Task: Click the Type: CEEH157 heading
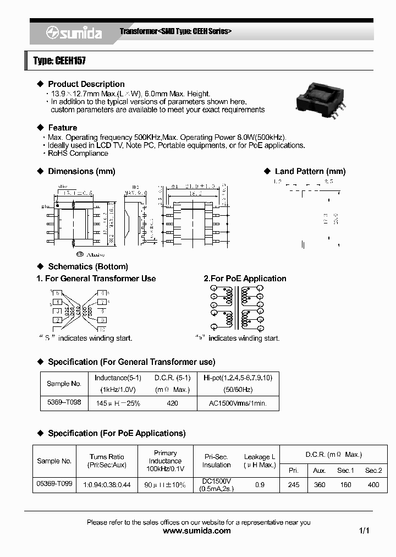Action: (x=59, y=61)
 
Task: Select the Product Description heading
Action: (x=86, y=84)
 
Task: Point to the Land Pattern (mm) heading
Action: (x=310, y=171)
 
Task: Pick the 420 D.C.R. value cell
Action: (x=172, y=403)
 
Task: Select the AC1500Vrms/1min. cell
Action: (x=238, y=403)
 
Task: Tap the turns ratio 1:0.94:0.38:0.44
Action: (x=107, y=484)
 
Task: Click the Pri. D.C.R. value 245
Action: (x=293, y=484)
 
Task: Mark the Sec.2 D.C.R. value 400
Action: (x=373, y=484)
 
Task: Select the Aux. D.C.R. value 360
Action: (x=320, y=484)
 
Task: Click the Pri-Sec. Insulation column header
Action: (x=216, y=461)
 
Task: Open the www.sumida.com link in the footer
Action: (x=197, y=531)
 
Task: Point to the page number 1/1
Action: (x=364, y=531)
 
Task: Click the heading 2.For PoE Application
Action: (x=245, y=278)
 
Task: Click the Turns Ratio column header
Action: (x=107, y=461)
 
